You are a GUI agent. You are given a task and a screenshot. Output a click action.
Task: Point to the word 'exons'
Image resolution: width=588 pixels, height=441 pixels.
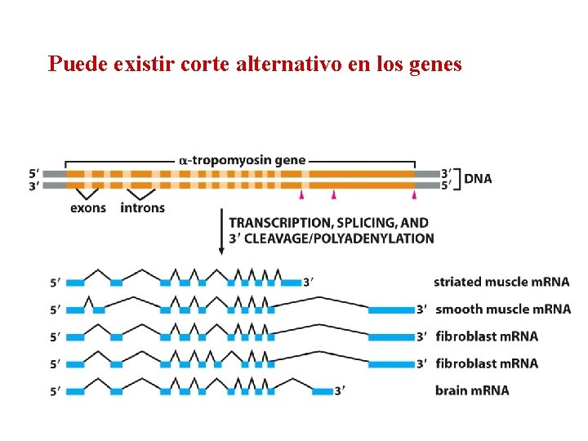coord(88,208)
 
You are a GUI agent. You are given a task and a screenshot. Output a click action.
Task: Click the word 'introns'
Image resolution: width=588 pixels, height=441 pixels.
coord(142,208)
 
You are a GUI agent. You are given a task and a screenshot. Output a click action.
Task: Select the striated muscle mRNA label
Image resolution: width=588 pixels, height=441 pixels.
coord(501,283)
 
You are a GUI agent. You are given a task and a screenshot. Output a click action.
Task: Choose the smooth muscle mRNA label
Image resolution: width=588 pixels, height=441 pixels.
coord(503,310)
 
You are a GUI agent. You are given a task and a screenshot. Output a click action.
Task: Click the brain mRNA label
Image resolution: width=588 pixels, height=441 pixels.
coord(472,390)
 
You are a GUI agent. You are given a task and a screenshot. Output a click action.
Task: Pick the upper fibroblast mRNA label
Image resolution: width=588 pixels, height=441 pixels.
coord(487,336)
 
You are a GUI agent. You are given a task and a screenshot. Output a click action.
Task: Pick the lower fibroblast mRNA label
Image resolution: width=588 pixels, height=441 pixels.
coord(487,363)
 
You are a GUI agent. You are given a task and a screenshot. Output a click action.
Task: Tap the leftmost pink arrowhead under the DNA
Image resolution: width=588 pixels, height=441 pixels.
coord(301,195)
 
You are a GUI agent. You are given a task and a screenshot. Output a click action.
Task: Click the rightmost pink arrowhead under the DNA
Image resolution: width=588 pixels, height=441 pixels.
coord(414,195)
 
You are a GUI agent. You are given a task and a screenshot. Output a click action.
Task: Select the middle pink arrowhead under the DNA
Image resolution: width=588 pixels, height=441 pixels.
coord(334,195)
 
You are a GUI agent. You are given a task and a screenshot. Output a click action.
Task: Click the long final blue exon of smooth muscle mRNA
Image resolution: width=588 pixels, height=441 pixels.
coord(391,310)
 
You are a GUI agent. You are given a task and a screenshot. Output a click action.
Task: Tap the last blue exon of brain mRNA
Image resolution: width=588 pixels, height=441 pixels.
coord(323,391)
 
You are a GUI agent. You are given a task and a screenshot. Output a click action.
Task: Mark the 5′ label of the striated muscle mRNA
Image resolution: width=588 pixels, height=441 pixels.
coord(55,283)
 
